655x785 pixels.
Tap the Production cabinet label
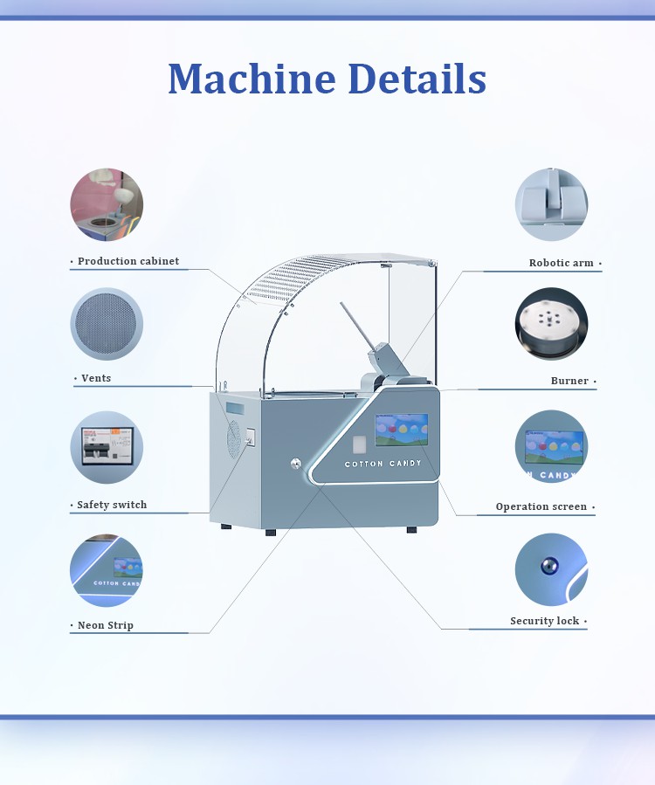pos(128,261)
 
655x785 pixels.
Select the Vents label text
pos(96,378)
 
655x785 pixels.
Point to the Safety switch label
pos(112,505)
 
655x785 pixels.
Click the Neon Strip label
pos(105,625)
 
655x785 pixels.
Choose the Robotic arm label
pos(561,263)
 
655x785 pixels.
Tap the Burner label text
pos(569,381)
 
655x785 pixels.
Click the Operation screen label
pos(541,506)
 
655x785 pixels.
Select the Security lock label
pos(544,621)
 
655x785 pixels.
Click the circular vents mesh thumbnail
pos(107,324)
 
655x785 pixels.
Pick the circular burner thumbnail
pos(551,323)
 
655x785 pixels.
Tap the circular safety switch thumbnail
pos(107,447)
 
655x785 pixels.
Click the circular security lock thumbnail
pos(551,569)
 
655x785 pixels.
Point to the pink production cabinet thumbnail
pos(107,204)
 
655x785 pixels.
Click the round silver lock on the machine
pos(296,464)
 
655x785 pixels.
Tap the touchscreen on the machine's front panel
pos(402,430)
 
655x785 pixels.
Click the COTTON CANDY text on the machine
pos(383,464)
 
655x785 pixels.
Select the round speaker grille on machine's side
pos(234,439)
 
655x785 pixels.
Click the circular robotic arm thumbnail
pos(551,204)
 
